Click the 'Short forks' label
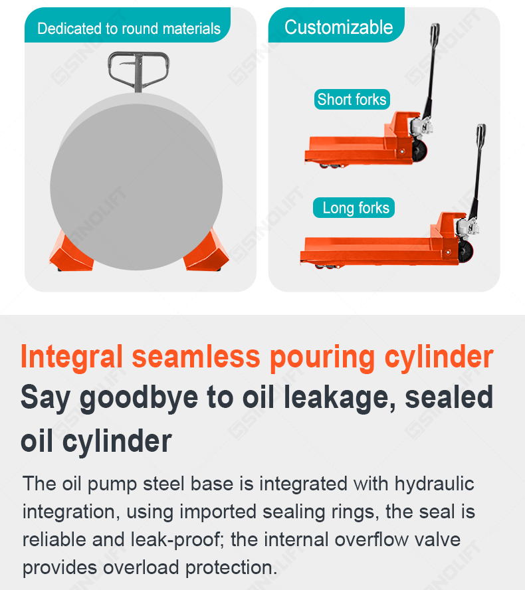point(352,100)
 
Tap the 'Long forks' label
point(354,208)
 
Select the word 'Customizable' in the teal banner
point(339,27)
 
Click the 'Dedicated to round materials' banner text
point(129,29)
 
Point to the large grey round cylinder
point(136,183)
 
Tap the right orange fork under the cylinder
point(205,251)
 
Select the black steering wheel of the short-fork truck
point(419,151)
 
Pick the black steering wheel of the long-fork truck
point(465,251)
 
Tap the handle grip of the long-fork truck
point(481,136)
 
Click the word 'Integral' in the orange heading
point(72,357)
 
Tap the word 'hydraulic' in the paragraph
point(435,484)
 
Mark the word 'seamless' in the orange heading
point(196,357)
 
